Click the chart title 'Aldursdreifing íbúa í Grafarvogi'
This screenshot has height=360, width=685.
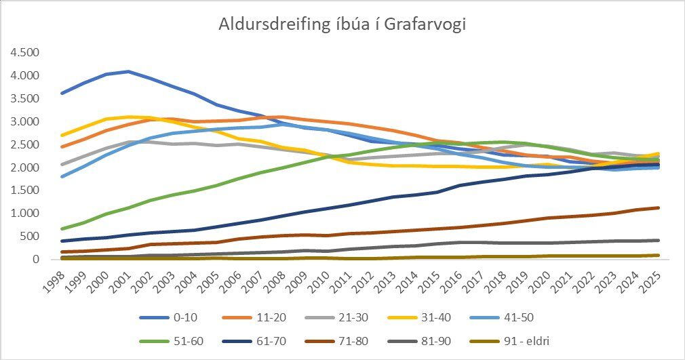pyautogui.click(x=342, y=24)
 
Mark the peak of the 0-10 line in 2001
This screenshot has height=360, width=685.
pyautogui.click(x=129, y=71)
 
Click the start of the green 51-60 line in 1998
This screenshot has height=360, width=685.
pyautogui.click(x=62, y=228)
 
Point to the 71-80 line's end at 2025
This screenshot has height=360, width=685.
pyautogui.click(x=658, y=207)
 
